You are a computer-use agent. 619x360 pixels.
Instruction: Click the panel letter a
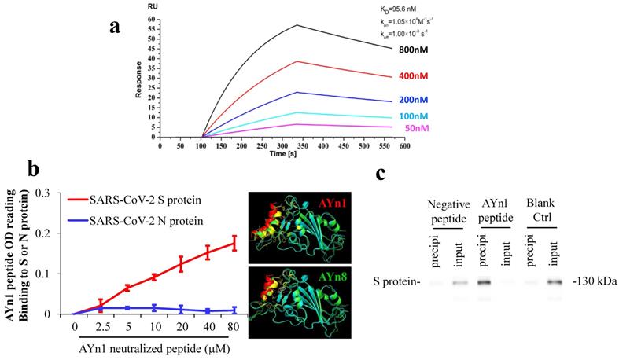tap(115, 26)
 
